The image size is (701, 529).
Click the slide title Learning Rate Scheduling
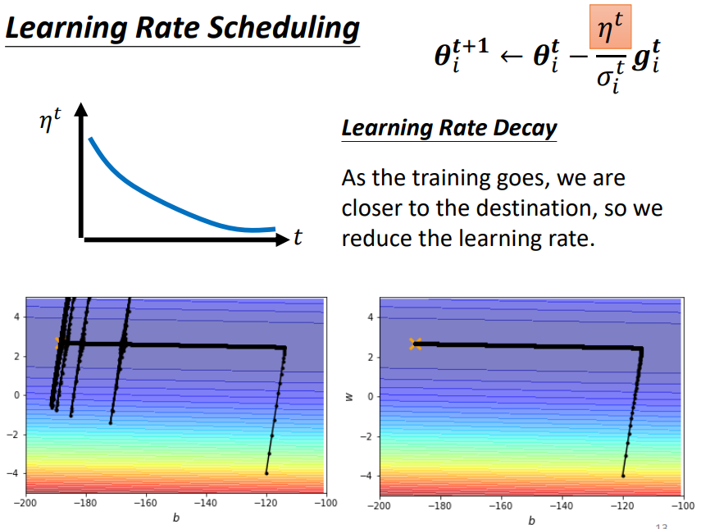pyautogui.click(x=182, y=30)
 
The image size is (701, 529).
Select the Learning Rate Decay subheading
pyautogui.click(x=448, y=129)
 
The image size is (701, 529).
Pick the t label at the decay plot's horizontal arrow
pyautogui.click(x=298, y=239)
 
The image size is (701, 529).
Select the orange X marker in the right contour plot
pyautogui.click(x=416, y=344)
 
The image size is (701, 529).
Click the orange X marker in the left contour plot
pyautogui.click(x=59, y=344)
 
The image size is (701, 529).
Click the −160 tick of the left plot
pyautogui.click(x=145, y=503)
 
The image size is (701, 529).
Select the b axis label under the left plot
pyautogui.click(x=176, y=518)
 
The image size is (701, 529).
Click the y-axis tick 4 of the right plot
pyautogui.click(x=371, y=317)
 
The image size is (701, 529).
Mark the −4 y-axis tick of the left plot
pyautogui.click(x=13, y=473)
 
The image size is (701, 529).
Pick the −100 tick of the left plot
pyautogui.click(x=325, y=503)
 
